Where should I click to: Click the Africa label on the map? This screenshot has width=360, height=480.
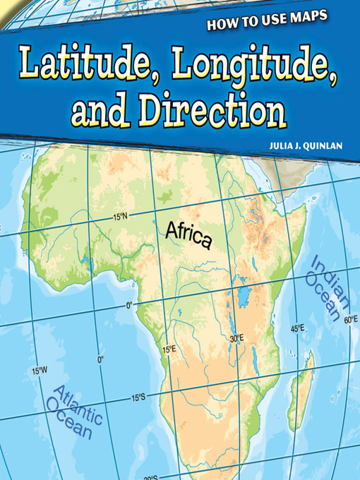coord(188,234)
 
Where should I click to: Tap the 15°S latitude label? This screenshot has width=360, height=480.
coord(138,397)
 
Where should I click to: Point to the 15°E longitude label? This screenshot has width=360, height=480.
coord(169,349)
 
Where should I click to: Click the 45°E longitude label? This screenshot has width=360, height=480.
coord(297,328)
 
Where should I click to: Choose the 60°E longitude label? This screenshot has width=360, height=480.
coord(350,320)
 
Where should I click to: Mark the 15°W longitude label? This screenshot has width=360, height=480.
coord(39,370)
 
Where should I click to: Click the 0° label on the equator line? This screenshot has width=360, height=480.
coord(129,306)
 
